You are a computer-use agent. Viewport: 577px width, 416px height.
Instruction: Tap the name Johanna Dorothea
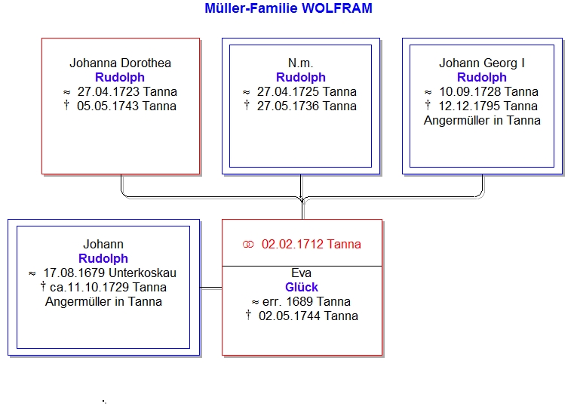coord(121,63)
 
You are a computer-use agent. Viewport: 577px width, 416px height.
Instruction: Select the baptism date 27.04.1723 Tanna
coord(127,92)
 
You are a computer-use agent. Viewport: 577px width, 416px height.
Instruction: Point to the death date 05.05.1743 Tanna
coord(127,106)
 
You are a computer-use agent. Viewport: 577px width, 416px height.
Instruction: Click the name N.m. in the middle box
coord(301,63)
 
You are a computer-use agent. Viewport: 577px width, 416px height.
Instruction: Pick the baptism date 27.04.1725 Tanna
coord(306,92)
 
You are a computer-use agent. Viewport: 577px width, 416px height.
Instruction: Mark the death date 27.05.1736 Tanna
coord(306,106)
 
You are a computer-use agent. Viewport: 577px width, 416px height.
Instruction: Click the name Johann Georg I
coord(482,63)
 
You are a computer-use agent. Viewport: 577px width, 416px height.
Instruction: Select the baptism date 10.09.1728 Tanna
coord(489,92)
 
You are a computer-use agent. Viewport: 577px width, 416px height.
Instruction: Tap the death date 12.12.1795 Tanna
coord(488,106)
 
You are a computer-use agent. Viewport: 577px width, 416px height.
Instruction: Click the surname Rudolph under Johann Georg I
coord(482,77)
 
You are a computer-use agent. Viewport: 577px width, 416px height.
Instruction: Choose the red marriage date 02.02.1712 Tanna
coord(312,245)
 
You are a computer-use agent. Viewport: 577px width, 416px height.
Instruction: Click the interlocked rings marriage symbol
coord(248,245)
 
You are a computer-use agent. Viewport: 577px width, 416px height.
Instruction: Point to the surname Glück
coord(302,288)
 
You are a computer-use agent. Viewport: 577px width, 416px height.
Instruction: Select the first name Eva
coord(302,273)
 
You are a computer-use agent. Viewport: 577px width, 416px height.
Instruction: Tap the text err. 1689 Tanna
coord(306,302)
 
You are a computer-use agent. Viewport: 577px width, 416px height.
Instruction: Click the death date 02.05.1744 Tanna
coord(308,316)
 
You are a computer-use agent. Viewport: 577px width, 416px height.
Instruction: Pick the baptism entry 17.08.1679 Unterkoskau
coord(109,273)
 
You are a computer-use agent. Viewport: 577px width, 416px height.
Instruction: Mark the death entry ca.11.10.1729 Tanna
coord(108,288)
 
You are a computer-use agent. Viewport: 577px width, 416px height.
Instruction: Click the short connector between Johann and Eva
coord(211,288)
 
